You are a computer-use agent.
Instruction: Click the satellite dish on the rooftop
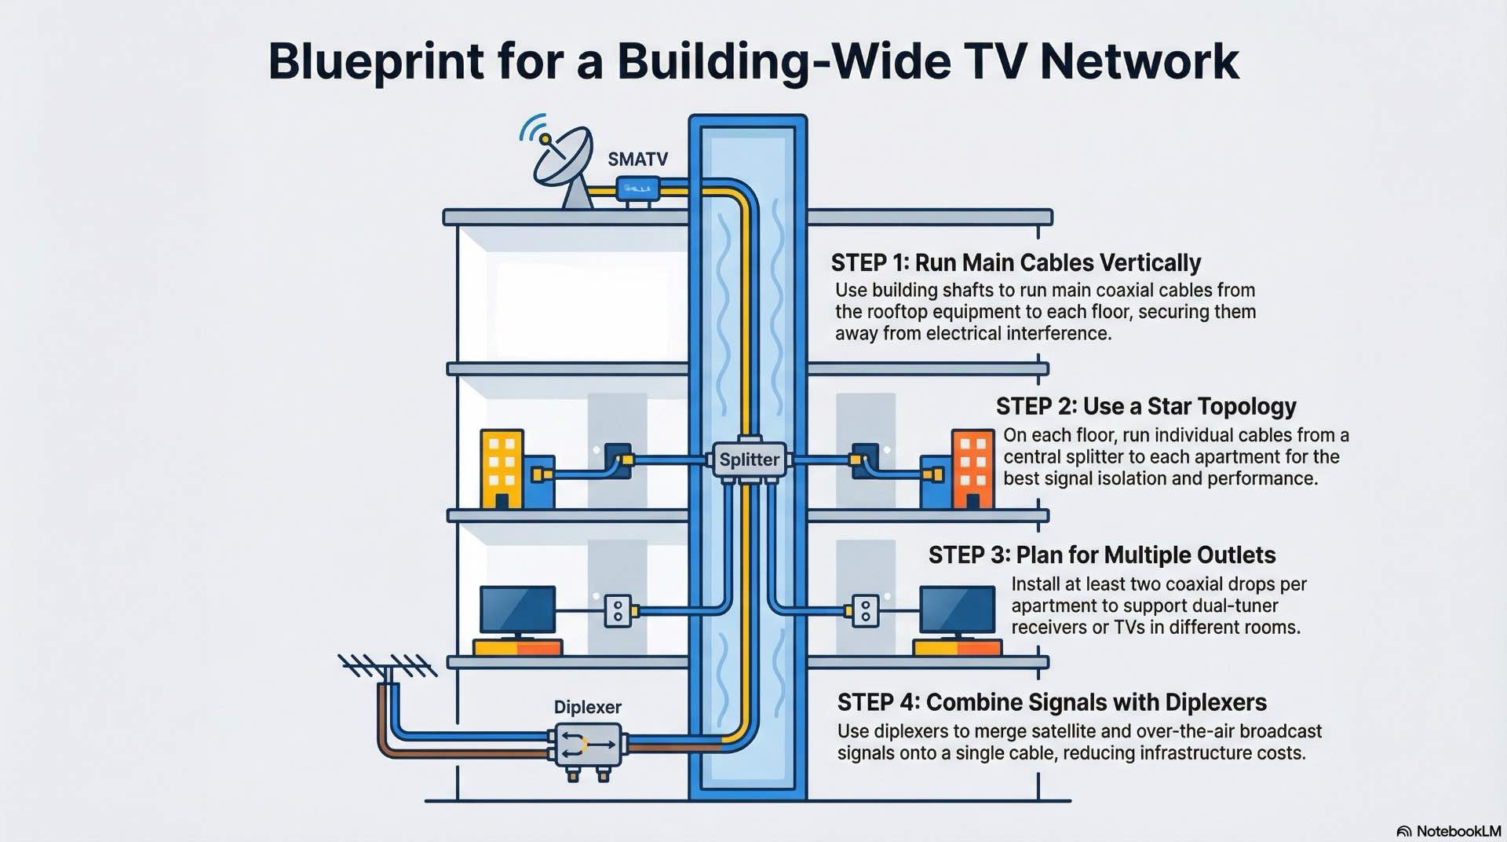click(x=563, y=156)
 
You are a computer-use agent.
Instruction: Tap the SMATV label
click(x=637, y=159)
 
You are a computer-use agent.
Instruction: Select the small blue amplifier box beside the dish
click(x=637, y=189)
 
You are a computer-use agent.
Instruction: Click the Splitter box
click(x=750, y=459)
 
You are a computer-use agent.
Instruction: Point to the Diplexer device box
click(x=588, y=745)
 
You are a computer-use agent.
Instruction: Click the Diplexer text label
click(x=587, y=707)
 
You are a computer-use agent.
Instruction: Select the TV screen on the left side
click(x=517, y=610)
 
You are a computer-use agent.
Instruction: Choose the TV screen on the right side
click(x=957, y=610)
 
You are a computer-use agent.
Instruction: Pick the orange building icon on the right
click(x=972, y=468)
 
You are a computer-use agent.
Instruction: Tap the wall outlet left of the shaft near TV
click(x=618, y=610)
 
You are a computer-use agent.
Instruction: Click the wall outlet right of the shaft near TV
click(x=865, y=610)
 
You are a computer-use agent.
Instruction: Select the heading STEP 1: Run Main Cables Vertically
click(x=1015, y=262)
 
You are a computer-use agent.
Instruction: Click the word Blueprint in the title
click(x=376, y=61)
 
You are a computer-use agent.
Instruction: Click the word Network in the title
click(x=1139, y=61)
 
